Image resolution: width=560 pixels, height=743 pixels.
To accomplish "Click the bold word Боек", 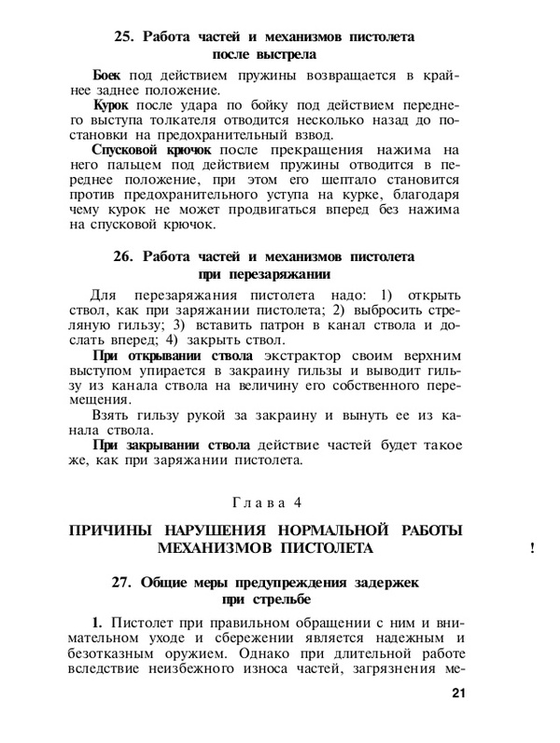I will click(x=110, y=74).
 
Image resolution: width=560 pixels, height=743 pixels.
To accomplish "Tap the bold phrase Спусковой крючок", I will click(x=152, y=148).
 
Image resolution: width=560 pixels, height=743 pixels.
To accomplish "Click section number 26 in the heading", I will click(x=126, y=255).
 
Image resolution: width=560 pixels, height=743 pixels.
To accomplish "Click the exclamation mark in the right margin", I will click(x=531, y=550).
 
